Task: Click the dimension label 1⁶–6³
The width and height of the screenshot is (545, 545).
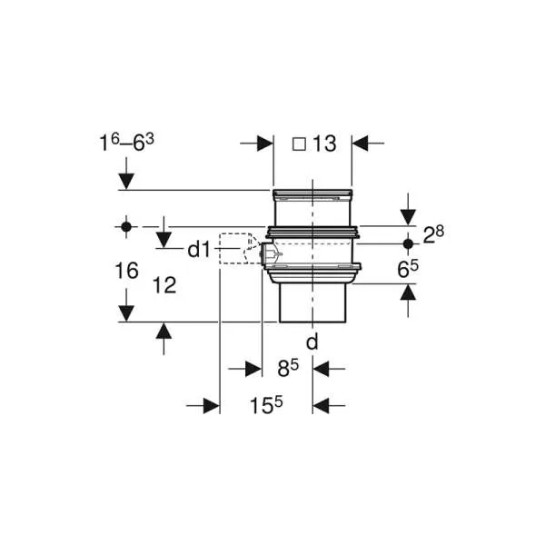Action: [126, 143]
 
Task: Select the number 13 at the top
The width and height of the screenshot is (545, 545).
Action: [324, 144]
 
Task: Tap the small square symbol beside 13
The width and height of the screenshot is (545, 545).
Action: [299, 144]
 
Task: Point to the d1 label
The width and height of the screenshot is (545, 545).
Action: [199, 250]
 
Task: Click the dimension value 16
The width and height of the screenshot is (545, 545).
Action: [126, 271]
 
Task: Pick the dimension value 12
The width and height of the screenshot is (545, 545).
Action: [164, 286]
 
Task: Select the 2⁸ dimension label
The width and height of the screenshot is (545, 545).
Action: [433, 235]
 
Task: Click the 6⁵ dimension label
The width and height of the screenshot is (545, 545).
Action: [408, 269]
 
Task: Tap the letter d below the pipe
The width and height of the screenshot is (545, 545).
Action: [312, 342]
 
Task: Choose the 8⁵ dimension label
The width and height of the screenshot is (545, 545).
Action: [288, 368]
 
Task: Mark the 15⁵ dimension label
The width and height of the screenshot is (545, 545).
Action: [266, 405]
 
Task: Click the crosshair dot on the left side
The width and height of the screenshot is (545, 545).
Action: [126, 227]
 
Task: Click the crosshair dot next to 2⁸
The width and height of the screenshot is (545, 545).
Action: [408, 244]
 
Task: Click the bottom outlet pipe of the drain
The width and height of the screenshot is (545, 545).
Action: [312, 303]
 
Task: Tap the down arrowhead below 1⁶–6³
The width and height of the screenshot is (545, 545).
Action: [126, 182]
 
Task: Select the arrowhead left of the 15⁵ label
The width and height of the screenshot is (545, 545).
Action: [212, 406]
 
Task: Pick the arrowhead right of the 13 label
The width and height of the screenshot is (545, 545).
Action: [360, 144]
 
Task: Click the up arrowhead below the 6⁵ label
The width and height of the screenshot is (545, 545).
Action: [408, 292]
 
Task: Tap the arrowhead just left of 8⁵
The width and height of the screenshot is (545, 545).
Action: [253, 369]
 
